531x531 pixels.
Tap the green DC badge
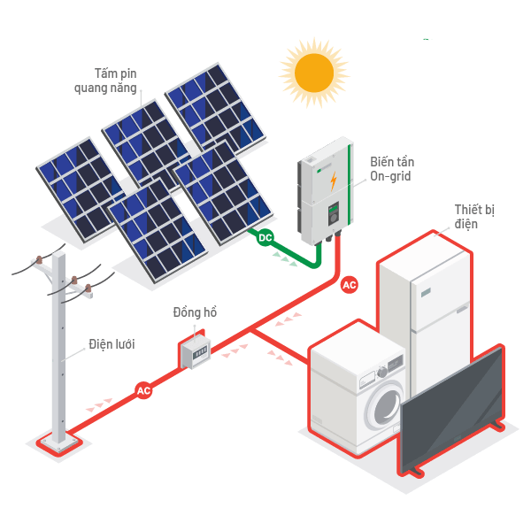tap(265, 237)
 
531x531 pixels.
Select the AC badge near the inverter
tap(350, 285)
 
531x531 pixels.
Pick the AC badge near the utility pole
tap(143, 389)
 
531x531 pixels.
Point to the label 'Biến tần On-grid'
tap(392, 169)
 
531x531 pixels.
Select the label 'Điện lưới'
tap(112, 343)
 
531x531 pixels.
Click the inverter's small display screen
tap(334, 212)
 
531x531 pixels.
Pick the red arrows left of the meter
tap(99, 405)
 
